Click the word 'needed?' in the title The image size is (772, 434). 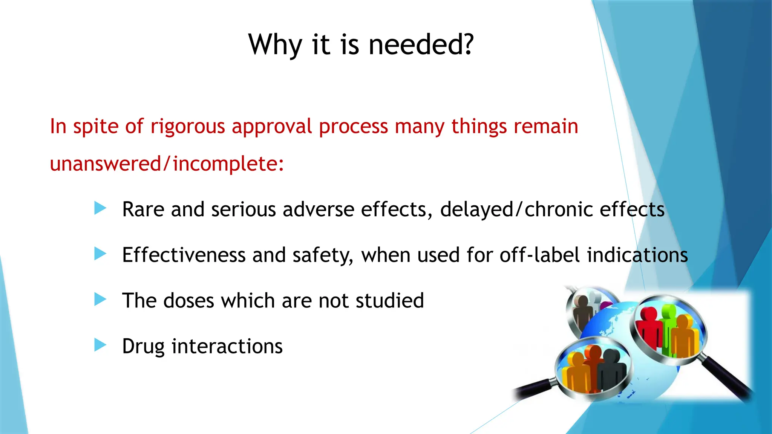tap(421, 44)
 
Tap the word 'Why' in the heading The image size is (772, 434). tap(275, 44)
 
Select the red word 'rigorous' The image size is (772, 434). tap(187, 126)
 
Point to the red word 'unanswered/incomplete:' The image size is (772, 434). tap(167, 164)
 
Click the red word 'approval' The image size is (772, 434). tap(272, 127)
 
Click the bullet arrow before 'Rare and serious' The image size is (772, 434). tap(100, 208)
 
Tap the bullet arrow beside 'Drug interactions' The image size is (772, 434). tap(100, 345)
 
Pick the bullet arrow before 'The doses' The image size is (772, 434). tap(100, 300)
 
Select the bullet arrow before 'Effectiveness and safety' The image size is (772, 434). tap(100, 254)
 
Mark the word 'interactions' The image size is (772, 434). tap(227, 346)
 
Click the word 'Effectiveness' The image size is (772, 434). tap(184, 255)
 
